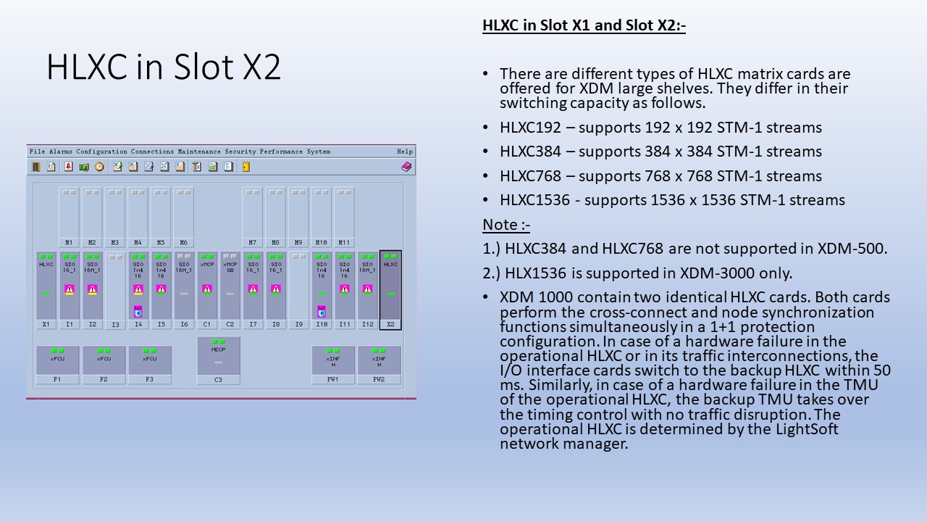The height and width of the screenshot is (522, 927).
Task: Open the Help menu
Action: coord(405,152)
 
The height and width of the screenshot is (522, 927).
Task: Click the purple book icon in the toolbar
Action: coord(406,167)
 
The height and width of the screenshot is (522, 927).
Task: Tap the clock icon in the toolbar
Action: coord(99,167)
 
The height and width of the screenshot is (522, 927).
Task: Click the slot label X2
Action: coord(390,324)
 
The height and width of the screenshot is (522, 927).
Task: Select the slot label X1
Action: coord(46,324)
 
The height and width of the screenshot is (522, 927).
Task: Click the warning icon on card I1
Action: coord(70,289)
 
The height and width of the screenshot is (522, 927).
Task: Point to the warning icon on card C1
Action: coord(207,289)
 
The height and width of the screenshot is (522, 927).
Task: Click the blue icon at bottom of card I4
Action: coord(138,312)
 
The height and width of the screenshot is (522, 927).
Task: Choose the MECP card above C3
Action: coord(219,355)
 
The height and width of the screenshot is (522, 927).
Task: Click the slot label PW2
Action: coord(379,379)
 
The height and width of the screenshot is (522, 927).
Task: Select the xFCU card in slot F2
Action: coord(104,360)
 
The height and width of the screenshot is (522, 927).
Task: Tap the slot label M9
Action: coord(298,243)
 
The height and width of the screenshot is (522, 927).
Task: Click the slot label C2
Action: coord(230,324)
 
